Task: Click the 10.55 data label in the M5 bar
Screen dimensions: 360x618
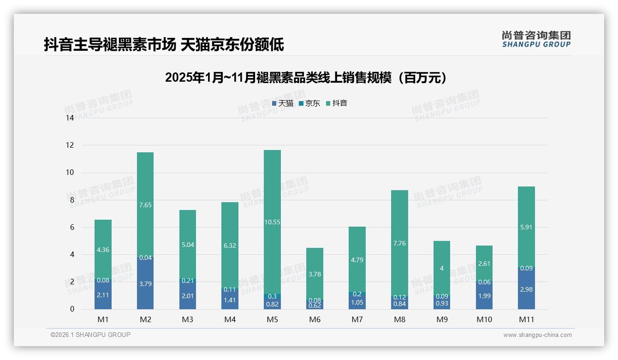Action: (x=272, y=222)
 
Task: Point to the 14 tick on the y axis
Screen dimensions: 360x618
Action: (x=70, y=118)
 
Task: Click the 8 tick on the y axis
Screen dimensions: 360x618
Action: (x=71, y=200)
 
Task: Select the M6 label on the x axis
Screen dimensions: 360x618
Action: (x=315, y=319)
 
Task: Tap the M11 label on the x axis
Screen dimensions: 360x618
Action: (x=526, y=319)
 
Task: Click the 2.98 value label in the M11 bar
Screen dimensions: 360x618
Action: (x=526, y=289)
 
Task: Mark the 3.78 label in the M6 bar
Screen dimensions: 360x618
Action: (x=315, y=274)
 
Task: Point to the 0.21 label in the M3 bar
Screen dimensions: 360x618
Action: (x=188, y=281)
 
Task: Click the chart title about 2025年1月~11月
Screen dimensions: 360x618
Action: (x=306, y=78)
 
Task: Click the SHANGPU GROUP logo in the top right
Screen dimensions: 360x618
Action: (x=536, y=39)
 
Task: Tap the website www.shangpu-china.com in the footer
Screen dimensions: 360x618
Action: (x=537, y=335)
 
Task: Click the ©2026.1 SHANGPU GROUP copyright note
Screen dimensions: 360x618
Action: (x=90, y=335)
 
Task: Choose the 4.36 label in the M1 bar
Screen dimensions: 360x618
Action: (x=103, y=250)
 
